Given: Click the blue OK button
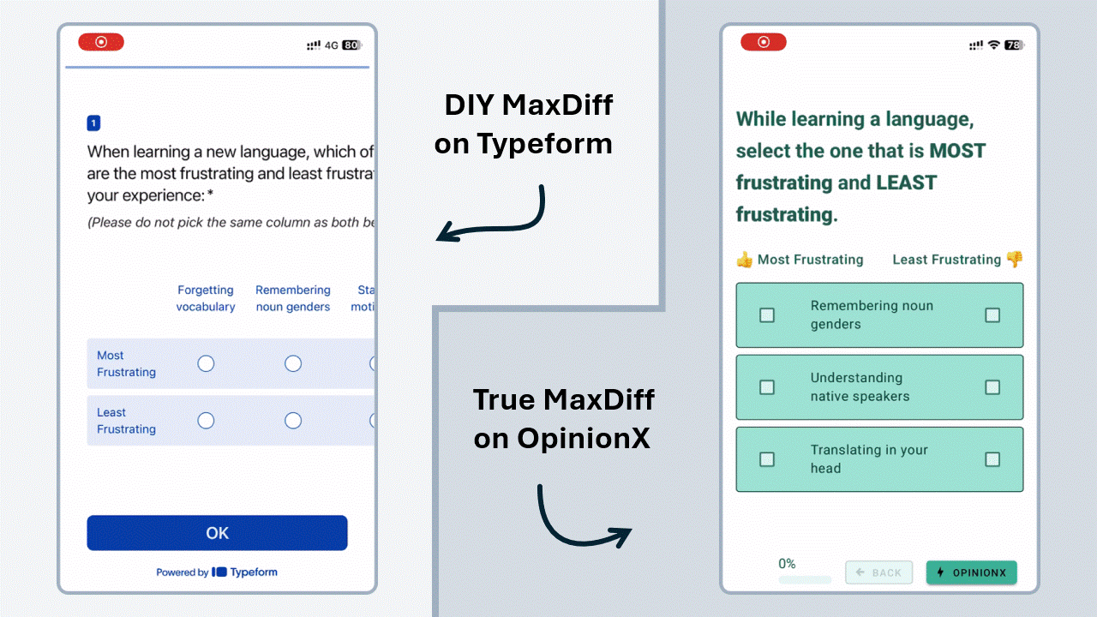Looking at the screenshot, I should (217, 533).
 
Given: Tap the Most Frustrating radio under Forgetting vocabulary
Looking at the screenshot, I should (206, 364).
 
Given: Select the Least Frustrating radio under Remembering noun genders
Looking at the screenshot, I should (293, 421).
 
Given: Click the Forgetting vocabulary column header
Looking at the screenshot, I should (206, 298).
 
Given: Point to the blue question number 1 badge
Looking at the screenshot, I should (93, 123).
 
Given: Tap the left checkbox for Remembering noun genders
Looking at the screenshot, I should (767, 315).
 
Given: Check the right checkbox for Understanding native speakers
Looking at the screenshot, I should (992, 387).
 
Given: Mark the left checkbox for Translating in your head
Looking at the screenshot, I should (767, 459).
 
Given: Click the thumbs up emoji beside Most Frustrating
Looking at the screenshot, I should (744, 260).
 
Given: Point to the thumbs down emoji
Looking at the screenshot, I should (1015, 259).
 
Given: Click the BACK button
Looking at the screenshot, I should (878, 572).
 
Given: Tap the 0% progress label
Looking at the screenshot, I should (787, 564).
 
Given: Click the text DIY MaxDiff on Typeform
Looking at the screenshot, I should (525, 124).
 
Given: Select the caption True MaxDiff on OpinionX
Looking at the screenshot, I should (564, 419).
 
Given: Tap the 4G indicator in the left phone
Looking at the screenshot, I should (332, 45).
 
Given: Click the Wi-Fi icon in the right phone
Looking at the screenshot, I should (994, 45).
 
